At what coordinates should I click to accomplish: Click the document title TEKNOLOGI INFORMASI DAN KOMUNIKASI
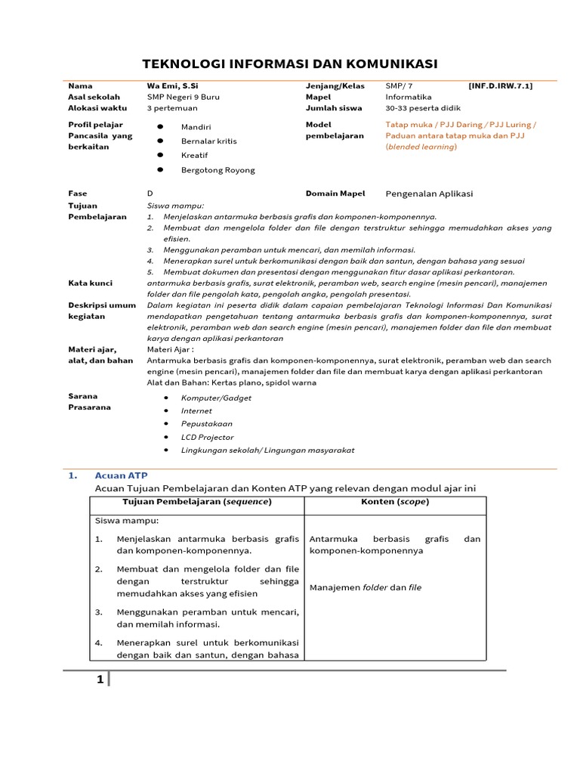(290, 63)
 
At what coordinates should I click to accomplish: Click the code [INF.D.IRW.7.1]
(500, 86)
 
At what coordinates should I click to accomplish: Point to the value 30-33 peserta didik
(424, 108)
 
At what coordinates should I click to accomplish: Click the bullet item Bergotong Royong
(217, 170)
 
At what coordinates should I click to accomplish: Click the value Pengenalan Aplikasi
(429, 193)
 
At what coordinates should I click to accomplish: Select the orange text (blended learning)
(421, 147)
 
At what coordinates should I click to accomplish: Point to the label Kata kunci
(90, 283)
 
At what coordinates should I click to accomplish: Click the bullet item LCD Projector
(207, 437)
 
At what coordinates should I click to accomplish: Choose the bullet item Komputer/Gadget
(216, 398)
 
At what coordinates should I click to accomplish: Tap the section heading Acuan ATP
(121, 475)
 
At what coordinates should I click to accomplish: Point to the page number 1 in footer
(100, 680)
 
